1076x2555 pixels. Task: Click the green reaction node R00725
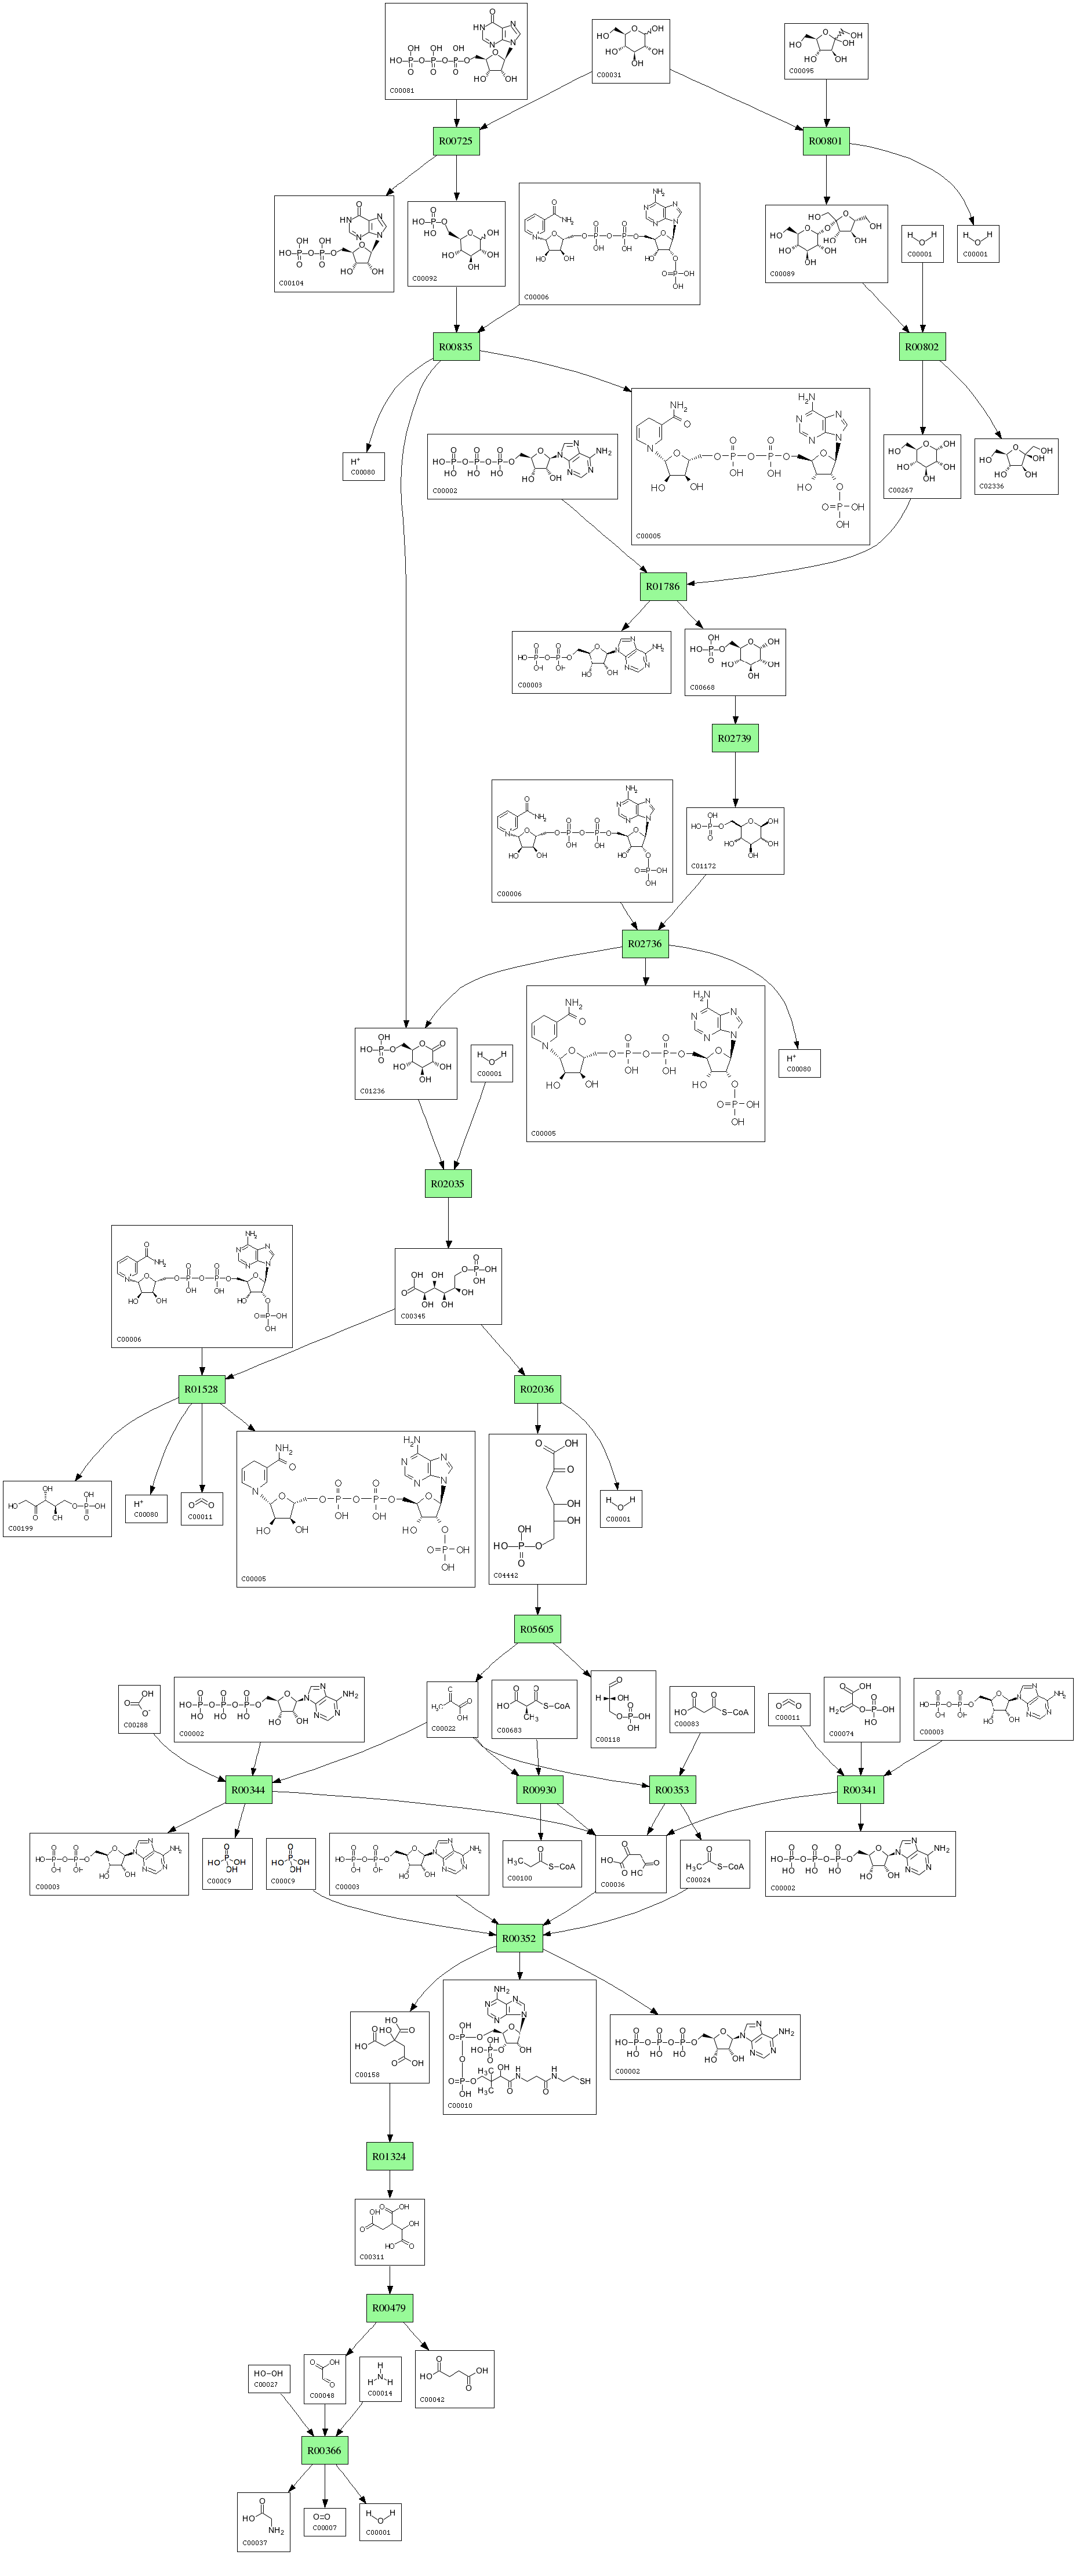click(456, 141)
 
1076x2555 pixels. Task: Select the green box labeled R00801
click(826, 141)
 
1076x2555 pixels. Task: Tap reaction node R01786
click(663, 586)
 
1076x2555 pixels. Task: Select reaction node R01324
click(390, 2157)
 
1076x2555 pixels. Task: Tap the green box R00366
click(324, 2450)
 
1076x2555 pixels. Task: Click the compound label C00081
click(402, 90)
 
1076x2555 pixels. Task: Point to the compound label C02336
click(992, 486)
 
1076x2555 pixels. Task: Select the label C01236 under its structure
click(372, 1091)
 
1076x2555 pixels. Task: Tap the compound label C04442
click(506, 1575)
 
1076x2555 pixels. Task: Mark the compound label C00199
click(20, 1528)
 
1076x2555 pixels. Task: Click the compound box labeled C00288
click(139, 1708)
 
